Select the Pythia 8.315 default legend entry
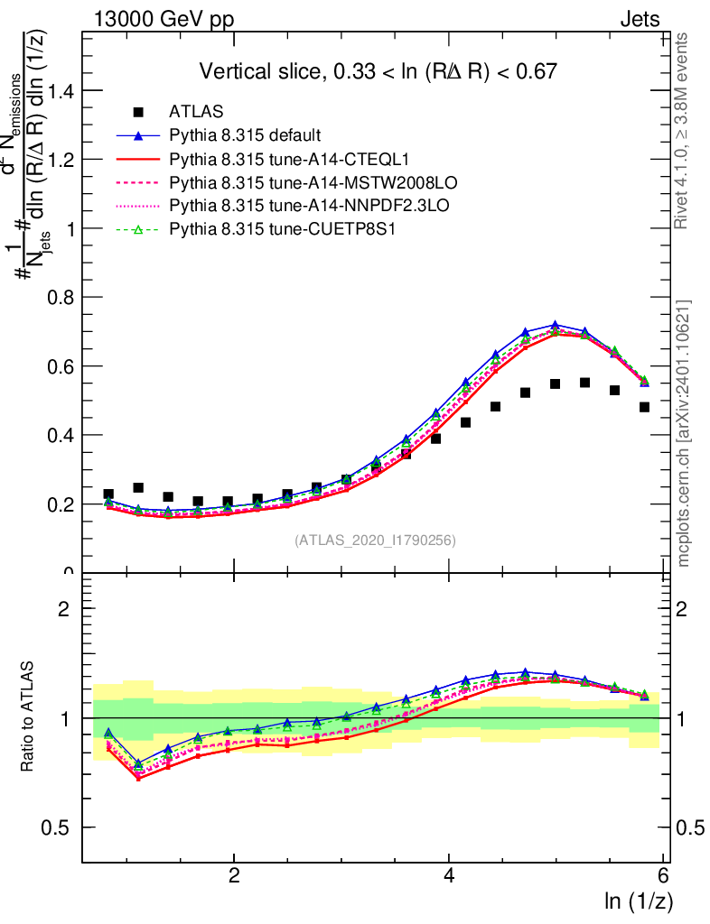[x=245, y=136]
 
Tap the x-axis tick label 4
[x=449, y=875]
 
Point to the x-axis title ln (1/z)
[x=638, y=901]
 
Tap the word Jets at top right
[x=639, y=20]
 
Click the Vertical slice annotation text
[x=378, y=71]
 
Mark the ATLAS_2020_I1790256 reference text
[x=374, y=541]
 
